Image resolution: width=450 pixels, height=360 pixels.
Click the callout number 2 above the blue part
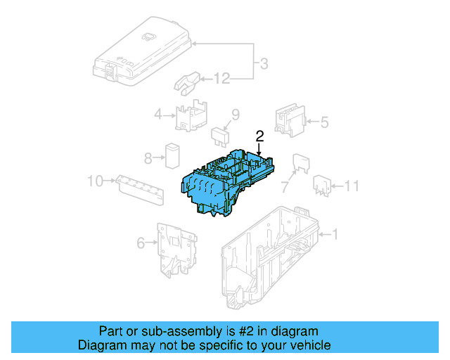click(x=259, y=136)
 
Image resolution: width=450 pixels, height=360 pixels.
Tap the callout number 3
click(x=263, y=65)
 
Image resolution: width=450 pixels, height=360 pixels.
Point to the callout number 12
click(x=222, y=79)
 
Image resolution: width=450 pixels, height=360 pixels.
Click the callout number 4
click(x=158, y=114)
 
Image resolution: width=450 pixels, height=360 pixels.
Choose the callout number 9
click(x=236, y=115)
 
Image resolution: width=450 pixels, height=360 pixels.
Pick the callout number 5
click(x=324, y=122)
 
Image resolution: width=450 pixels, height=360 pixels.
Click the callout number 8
click(x=148, y=157)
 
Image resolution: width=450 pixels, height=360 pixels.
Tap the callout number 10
click(x=95, y=182)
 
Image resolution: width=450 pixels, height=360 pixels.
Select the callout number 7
click(x=285, y=187)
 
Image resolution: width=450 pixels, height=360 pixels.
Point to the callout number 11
click(x=352, y=186)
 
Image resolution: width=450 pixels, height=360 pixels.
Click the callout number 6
click(x=141, y=243)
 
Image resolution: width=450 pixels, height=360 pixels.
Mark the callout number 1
click(x=335, y=234)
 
